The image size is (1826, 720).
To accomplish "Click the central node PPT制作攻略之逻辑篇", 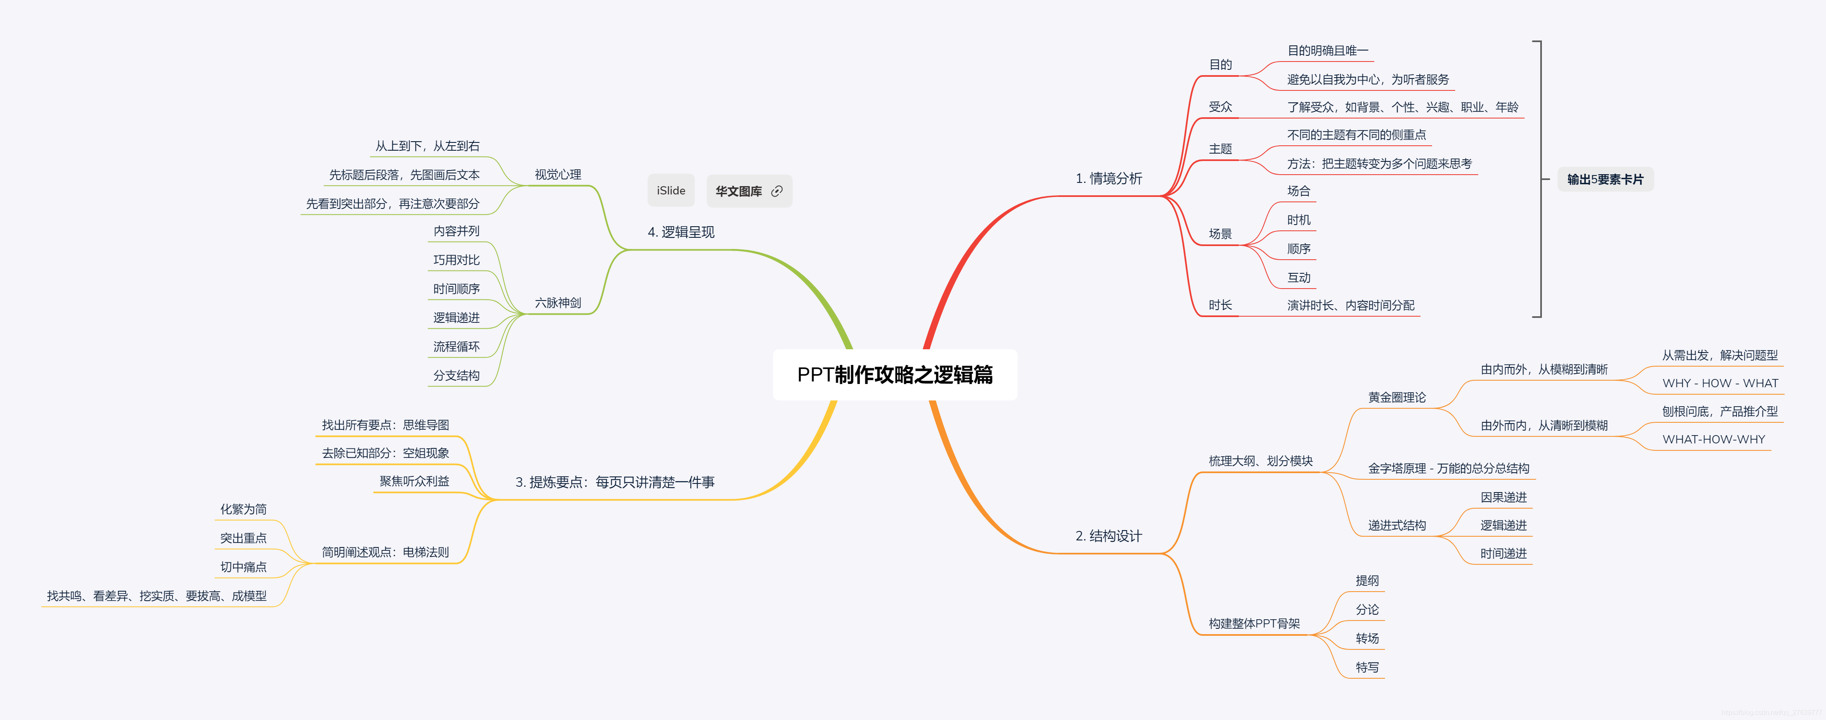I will click(894, 375).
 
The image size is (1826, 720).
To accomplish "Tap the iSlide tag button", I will click(671, 191).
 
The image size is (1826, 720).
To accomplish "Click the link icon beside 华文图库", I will click(777, 191).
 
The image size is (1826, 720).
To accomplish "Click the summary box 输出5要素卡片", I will click(1605, 179).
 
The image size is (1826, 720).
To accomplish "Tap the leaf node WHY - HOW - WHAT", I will click(1720, 384).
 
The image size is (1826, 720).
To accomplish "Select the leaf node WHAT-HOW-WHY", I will click(1713, 439).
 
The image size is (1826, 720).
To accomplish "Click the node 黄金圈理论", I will click(1397, 398).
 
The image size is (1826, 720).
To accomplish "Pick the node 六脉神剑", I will click(558, 303).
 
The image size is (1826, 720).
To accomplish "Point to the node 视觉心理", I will click(558, 174).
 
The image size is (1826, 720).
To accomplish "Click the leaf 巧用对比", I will click(457, 260).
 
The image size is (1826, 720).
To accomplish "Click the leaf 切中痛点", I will click(243, 567).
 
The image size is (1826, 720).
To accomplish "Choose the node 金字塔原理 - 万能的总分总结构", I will click(1448, 469).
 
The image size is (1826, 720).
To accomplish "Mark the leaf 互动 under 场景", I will click(1299, 278).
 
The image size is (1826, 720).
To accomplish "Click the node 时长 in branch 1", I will click(1220, 306).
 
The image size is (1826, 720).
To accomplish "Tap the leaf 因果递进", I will click(1503, 497).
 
